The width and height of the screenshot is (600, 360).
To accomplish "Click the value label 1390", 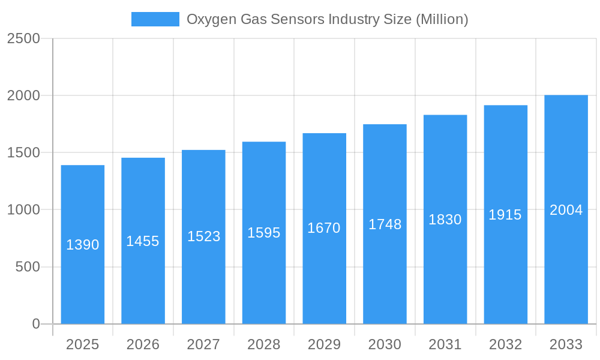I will click(x=83, y=245).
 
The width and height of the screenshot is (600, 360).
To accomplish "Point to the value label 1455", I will click(x=143, y=241).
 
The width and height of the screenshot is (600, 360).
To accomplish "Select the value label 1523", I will click(x=203, y=236).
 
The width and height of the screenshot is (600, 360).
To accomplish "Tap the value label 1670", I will click(x=324, y=228).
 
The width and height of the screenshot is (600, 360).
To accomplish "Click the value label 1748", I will click(x=385, y=224).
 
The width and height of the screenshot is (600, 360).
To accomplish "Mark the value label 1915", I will click(x=505, y=215).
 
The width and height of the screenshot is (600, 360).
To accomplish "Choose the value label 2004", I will click(x=566, y=210).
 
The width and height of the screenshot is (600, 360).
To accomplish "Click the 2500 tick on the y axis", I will click(x=23, y=38).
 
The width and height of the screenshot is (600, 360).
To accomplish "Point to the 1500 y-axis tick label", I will click(x=23, y=152).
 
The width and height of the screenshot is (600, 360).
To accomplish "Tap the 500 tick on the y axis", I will click(x=28, y=267).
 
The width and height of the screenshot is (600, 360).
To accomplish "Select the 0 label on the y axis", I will click(x=35, y=324).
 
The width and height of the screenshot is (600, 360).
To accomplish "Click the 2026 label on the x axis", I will click(x=143, y=344).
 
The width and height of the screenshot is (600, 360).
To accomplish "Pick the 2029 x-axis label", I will click(x=324, y=344).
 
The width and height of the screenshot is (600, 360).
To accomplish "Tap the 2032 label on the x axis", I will click(x=505, y=344).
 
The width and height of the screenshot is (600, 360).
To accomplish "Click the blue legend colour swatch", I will click(x=155, y=19).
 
